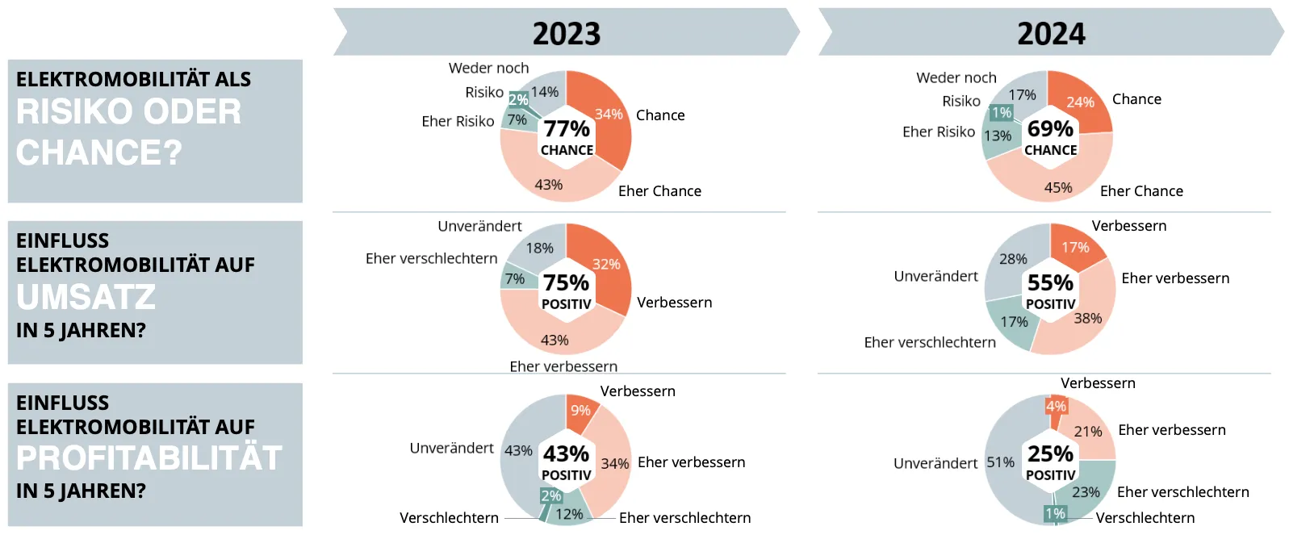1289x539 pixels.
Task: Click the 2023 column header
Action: [x=567, y=32]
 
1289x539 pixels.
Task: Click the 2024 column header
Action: [x=1051, y=32]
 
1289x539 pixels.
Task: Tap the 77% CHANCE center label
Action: [x=567, y=137]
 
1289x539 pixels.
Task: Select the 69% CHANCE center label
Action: [x=1050, y=137]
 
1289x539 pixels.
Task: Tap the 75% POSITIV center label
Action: [x=567, y=290]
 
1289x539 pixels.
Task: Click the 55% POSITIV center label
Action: [x=1051, y=290]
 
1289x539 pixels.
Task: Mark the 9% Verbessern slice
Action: [x=580, y=411]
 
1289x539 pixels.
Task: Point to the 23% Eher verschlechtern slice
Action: [x=1087, y=489]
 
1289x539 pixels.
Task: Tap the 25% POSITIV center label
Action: [x=1051, y=462]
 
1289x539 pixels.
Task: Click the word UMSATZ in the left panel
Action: [x=86, y=297]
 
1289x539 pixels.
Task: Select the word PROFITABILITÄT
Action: [x=149, y=458]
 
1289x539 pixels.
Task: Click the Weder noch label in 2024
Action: [x=956, y=77]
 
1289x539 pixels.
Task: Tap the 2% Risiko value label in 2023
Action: [x=518, y=99]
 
